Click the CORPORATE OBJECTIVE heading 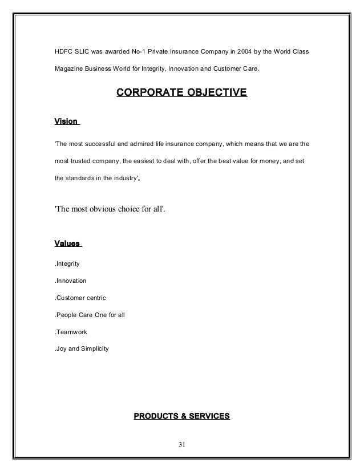181,92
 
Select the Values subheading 67,245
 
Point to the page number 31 181,445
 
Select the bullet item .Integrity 67,265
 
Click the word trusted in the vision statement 82,161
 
